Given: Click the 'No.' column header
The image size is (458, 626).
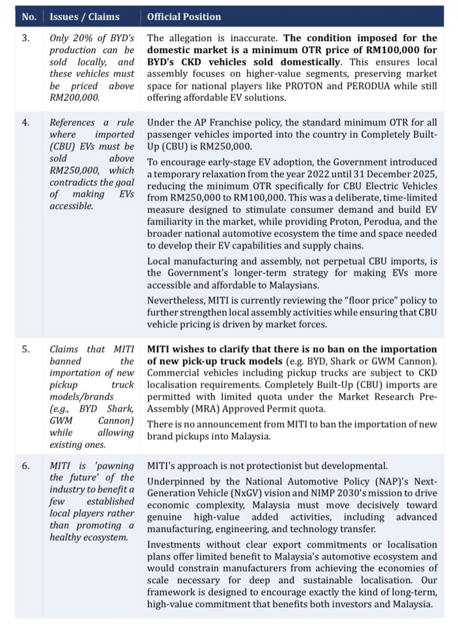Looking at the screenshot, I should click(x=29, y=17).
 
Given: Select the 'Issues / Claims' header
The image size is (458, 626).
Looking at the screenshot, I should click(x=84, y=17).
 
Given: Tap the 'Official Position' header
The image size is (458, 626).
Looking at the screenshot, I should click(x=184, y=17).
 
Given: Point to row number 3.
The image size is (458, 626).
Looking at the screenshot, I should click(x=26, y=38).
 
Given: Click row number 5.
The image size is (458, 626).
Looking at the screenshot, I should click(x=26, y=349).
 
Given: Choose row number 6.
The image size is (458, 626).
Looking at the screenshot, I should click(x=26, y=466).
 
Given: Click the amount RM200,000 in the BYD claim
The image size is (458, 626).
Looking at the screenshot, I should click(x=74, y=98).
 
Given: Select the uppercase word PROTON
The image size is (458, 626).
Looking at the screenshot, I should click(x=304, y=86).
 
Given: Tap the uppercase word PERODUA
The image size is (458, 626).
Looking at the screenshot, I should click(x=369, y=86).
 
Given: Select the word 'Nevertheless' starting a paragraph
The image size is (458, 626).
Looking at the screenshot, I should click(x=175, y=300).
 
